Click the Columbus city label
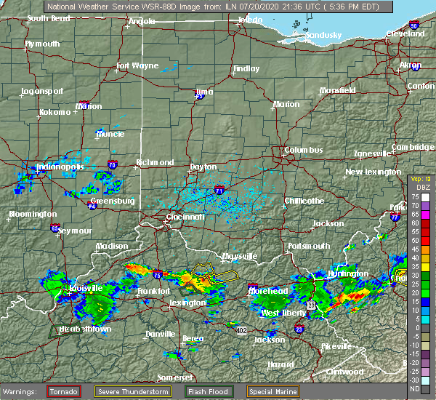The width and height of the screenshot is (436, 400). [x=304, y=150]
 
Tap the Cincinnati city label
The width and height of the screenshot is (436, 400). [x=185, y=217]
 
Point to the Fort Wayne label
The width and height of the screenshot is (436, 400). [x=137, y=66]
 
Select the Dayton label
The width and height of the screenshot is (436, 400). [x=203, y=167]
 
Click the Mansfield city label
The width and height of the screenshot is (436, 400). [x=338, y=91]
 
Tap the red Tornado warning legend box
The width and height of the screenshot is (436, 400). [x=64, y=391]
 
